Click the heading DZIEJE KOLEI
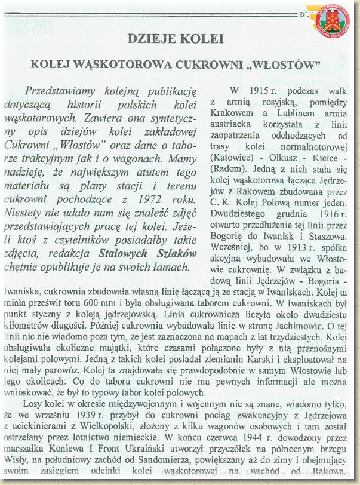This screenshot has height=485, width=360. click(176, 39)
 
